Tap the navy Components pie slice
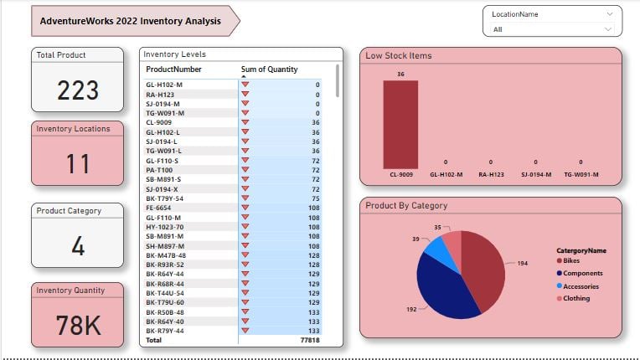pyautogui.click(x=444, y=289)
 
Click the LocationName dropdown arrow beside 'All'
pyautogui.click(x=609, y=28)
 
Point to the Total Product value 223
pyautogui.click(x=78, y=90)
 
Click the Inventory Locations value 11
pyautogui.click(x=78, y=163)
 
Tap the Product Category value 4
pyautogui.click(x=78, y=247)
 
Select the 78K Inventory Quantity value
pyautogui.click(x=78, y=324)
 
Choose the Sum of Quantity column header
pyautogui.click(x=269, y=69)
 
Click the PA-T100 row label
pyautogui.click(x=160, y=170)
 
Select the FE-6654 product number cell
pyautogui.click(x=160, y=207)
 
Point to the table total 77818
pyautogui.click(x=309, y=341)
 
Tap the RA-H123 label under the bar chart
pyautogui.click(x=491, y=176)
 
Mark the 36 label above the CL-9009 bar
pyautogui.click(x=400, y=74)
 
